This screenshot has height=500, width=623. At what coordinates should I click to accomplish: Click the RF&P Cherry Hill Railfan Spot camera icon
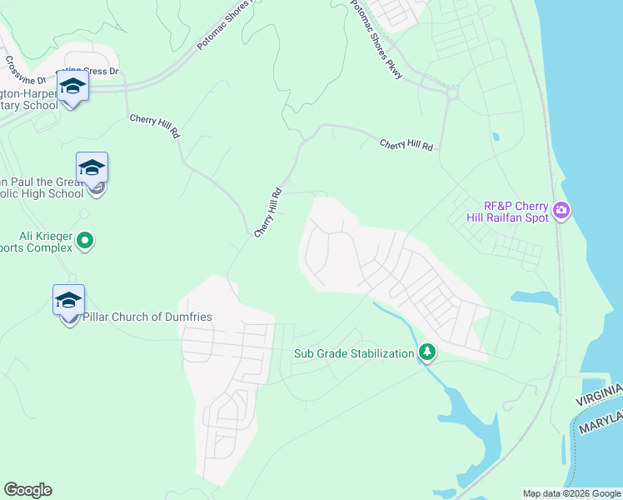[561, 210]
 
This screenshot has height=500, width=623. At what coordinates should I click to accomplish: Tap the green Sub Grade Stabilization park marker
[427, 352]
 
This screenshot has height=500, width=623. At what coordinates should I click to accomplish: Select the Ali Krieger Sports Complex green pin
[85, 242]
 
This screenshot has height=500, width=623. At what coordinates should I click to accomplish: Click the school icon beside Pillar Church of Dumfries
[68, 301]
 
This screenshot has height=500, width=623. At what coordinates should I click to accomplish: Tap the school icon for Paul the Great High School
[92, 168]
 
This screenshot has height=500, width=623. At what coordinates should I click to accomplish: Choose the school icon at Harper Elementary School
[72, 87]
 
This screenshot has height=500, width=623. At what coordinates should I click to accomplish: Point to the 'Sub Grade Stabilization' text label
[354, 353]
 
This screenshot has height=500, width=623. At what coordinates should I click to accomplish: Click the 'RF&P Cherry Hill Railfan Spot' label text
[516, 212]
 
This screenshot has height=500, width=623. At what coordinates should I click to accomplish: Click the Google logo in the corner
[27, 489]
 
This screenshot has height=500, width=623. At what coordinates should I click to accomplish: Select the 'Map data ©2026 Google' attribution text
[571, 493]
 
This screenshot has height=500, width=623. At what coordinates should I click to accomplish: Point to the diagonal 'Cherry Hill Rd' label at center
[269, 213]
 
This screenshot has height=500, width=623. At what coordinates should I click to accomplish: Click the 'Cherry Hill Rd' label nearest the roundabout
[406, 144]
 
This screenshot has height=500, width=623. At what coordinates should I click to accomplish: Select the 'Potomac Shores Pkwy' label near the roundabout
[376, 40]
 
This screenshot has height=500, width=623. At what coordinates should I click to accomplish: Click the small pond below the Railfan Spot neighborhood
[533, 298]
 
